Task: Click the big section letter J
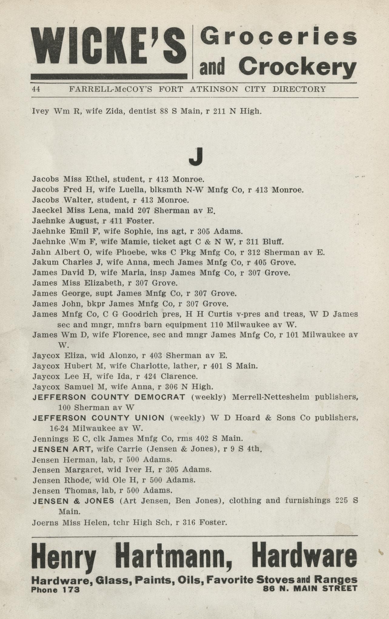coord(195,157)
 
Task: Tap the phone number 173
coord(71,589)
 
